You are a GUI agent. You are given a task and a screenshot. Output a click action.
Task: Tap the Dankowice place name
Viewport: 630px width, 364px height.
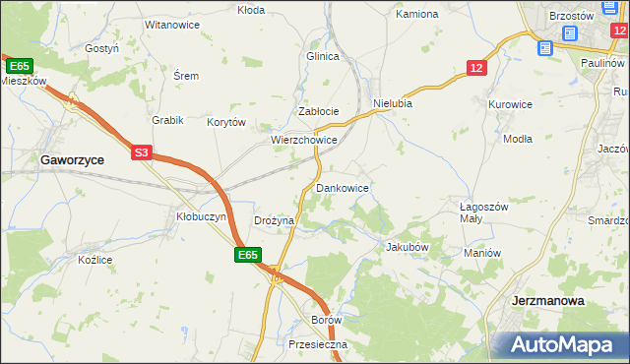(343, 187)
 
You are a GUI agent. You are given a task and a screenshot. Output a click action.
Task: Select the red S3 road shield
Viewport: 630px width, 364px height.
(143, 152)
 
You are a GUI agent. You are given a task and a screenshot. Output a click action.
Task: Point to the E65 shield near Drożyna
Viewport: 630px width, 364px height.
(248, 255)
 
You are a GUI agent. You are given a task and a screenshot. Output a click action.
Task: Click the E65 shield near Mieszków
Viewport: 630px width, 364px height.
(19, 66)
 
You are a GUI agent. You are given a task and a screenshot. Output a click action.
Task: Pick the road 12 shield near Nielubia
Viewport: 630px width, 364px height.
(476, 67)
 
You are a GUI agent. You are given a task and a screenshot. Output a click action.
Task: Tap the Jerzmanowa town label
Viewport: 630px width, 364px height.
(548, 300)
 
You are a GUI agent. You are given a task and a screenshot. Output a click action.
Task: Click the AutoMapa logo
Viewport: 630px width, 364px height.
(564, 344)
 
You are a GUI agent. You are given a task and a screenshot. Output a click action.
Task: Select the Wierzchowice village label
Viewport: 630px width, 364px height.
(305, 141)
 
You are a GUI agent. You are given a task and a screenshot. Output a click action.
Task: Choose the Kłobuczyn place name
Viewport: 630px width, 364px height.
(201, 216)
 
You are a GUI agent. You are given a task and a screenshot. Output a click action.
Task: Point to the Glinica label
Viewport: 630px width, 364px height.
(323, 56)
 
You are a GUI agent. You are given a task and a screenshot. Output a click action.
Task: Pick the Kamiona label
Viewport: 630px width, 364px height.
(416, 15)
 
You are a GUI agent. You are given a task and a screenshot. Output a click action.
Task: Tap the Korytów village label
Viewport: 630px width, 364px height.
(225, 123)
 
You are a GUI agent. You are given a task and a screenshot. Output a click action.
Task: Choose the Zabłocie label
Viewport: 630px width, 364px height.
(319, 111)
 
